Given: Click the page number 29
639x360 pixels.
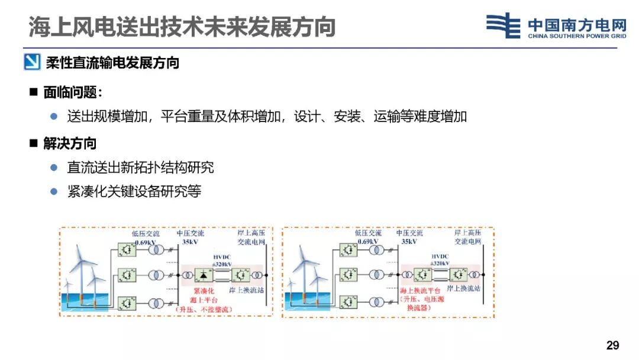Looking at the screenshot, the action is [612, 345].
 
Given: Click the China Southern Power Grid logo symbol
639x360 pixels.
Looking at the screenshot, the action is [503, 25].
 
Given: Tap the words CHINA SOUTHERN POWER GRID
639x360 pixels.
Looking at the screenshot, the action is [577, 36].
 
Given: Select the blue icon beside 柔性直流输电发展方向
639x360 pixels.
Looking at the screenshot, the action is [32, 62].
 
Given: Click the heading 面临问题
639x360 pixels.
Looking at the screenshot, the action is [72, 92].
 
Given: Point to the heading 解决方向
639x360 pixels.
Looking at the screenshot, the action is [69, 143].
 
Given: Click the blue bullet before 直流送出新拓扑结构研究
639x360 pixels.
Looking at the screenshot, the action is [54, 168].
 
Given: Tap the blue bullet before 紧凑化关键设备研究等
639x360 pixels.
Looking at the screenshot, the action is [54, 191].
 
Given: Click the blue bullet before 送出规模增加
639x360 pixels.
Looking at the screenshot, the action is [54, 116].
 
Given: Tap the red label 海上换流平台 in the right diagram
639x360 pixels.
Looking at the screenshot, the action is [421, 290].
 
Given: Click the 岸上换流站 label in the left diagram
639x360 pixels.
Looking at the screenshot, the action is [246, 290].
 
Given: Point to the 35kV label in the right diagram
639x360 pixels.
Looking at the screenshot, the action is [409, 242].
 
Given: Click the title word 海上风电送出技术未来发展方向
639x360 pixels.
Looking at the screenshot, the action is [182, 27].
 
